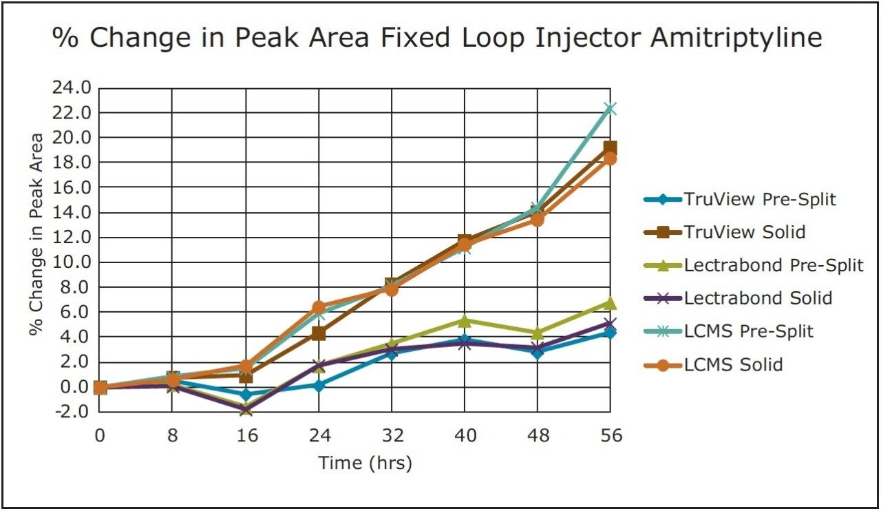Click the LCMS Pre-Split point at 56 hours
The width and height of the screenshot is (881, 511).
click(610, 108)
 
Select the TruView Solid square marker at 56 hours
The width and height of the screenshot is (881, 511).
click(610, 148)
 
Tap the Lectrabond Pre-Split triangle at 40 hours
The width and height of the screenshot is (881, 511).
click(465, 320)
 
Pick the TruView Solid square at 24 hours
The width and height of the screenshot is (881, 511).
click(319, 333)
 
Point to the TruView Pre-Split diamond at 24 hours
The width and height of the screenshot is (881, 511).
click(319, 385)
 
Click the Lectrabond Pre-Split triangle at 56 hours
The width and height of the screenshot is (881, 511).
click(610, 302)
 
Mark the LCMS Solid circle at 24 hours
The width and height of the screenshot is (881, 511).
click(319, 307)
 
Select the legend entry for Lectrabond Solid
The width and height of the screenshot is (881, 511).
click(757, 298)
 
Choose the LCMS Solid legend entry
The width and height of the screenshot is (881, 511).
click(733, 364)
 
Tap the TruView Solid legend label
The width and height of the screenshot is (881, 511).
click(744, 232)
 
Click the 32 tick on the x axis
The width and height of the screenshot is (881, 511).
click(392, 436)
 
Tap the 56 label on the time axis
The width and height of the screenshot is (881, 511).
click(610, 436)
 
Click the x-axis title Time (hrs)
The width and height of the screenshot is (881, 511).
click(365, 463)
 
